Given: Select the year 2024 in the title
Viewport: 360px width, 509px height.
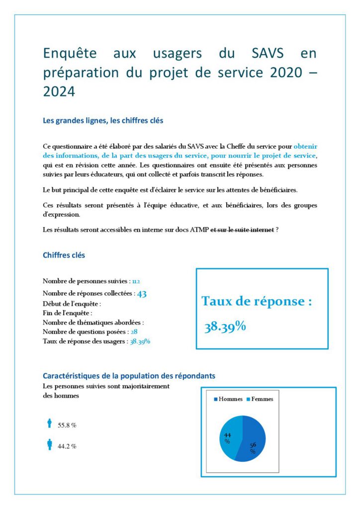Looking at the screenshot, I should (59, 91).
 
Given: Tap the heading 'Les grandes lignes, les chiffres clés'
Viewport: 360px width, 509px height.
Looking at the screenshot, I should (103, 120).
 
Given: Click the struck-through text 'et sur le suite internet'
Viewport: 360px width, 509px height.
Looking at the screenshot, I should (243, 230).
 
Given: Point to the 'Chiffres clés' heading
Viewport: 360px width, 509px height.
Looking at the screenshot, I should (64, 255).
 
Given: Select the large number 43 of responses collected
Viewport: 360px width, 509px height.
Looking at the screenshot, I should (142, 293).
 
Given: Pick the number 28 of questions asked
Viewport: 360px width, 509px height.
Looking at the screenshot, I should (134, 332).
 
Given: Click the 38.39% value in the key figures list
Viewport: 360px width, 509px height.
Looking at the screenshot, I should (140, 341).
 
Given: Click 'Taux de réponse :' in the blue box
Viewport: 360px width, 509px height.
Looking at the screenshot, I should (257, 301).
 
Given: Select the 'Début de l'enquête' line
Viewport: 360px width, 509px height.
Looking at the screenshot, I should (72, 303).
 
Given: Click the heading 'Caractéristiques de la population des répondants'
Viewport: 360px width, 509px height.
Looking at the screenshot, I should (129, 376).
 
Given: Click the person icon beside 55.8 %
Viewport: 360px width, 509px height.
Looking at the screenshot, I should (49, 424).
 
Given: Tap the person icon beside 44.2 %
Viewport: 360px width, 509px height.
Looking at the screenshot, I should (49, 444).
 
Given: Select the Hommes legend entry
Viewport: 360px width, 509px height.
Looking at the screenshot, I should (228, 399).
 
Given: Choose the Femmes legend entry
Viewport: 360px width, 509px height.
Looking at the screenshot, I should (260, 399).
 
